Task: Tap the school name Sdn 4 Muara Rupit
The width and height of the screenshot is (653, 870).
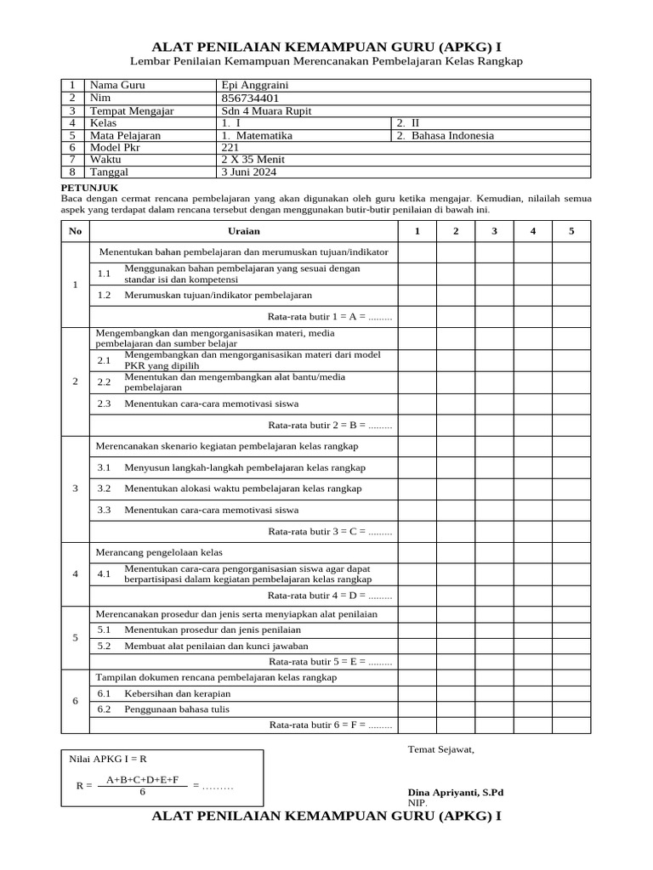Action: pos(260,111)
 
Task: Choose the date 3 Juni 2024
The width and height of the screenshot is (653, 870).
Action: pos(247,172)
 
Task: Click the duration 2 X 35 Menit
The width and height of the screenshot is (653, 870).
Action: pos(253,160)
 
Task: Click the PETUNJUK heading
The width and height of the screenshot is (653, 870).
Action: pos(89,187)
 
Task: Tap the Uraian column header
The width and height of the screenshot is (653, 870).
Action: pos(244,231)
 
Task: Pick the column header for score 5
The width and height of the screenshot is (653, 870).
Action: pos(571,231)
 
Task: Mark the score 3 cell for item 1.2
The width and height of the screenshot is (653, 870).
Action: pos(494,296)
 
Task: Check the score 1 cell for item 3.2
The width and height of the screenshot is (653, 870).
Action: pos(417,489)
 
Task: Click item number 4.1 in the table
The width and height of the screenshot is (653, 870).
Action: pos(105,573)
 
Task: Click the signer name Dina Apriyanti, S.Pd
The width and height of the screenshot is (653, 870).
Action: pos(456,792)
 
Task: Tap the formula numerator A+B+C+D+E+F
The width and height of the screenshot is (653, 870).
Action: pos(143,779)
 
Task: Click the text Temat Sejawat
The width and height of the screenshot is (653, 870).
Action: pos(441,749)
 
